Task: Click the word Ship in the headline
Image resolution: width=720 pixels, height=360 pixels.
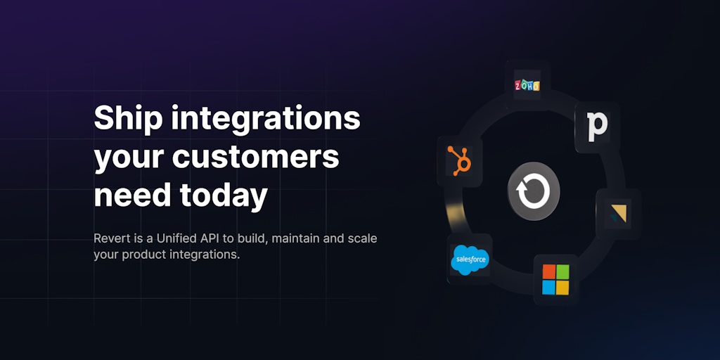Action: click(128, 118)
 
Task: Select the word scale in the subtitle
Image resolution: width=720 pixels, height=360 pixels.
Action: click(364, 239)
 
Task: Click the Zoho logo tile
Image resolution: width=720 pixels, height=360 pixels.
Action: click(527, 85)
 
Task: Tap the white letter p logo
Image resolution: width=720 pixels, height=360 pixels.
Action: click(597, 125)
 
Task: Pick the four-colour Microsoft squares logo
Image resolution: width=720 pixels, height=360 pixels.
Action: click(555, 279)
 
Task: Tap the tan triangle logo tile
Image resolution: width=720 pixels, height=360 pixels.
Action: click(618, 214)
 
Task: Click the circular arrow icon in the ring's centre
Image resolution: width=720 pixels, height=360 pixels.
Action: click(533, 191)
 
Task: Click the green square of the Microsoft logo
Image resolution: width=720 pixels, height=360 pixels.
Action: click(563, 271)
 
